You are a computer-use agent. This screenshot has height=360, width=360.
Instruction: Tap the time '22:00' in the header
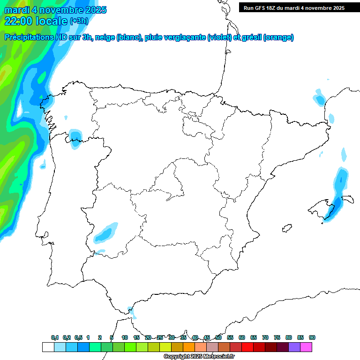pyautogui.click(x=18, y=21)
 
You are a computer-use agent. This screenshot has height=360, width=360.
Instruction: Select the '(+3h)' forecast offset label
pyautogui.click(x=79, y=21)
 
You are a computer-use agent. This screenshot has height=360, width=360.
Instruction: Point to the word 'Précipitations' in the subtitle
pyautogui.click(x=29, y=37)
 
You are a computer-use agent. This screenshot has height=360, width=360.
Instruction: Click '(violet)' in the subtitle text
pyautogui.click(x=220, y=37)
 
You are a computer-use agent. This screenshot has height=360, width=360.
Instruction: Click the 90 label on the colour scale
pyautogui.click(x=312, y=337)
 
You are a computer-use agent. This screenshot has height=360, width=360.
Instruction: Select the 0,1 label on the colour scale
pyautogui.click(x=55, y=337)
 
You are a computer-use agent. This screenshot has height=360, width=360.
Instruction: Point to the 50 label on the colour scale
pyautogui.click(x=218, y=337)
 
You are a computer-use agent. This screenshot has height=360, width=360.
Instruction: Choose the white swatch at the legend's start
pyautogui.click(x=48, y=347)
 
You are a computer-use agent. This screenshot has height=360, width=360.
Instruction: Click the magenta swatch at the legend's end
pyautogui.click(x=306, y=347)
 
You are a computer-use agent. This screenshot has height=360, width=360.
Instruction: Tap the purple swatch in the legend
pyautogui.click(x=294, y=347)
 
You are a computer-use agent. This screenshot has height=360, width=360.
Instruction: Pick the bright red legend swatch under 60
pyautogui.click(x=247, y=347)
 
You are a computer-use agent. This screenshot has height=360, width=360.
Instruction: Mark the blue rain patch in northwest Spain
pyautogui.click(x=75, y=138)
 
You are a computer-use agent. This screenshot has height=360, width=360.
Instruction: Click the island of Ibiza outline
pyautogui.click(x=285, y=229)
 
